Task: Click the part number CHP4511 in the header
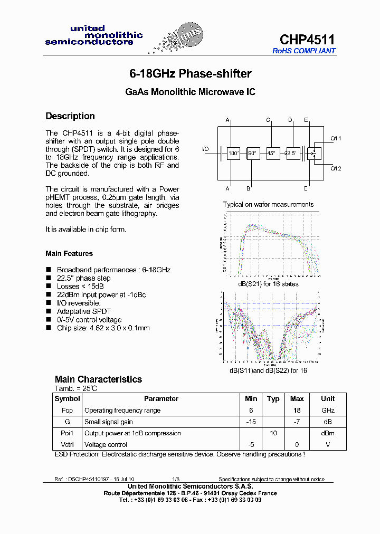[307, 40]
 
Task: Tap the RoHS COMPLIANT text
[304, 51]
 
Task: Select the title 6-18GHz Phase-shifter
[191, 74]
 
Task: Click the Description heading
[70, 116]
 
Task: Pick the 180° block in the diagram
[233, 154]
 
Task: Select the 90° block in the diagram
[253, 154]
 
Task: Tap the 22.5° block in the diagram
[292, 154]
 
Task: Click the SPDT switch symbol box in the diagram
[316, 154]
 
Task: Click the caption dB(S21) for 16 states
[268, 284]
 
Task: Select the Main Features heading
[69, 254]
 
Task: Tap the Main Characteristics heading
[98, 379]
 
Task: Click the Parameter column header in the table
[161, 399]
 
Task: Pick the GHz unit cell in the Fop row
[328, 411]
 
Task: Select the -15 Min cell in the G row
[251, 422]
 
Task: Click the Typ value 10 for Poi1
[273, 433]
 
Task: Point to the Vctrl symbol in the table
[68, 445]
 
